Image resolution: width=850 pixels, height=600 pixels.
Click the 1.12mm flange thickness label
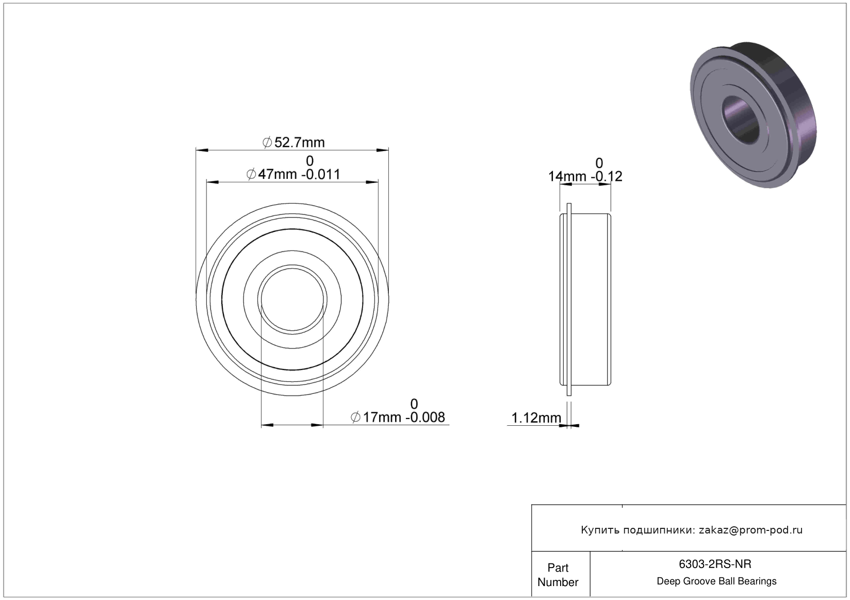click(536, 418)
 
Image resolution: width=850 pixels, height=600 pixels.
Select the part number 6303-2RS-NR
click(715, 564)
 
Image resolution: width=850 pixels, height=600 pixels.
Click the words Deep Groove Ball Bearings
click(716, 581)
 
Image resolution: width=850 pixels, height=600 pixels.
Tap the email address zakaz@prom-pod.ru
click(750, 530)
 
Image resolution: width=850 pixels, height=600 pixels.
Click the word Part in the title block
click(558, 568)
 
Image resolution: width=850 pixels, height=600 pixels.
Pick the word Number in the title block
click(558, 582)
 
